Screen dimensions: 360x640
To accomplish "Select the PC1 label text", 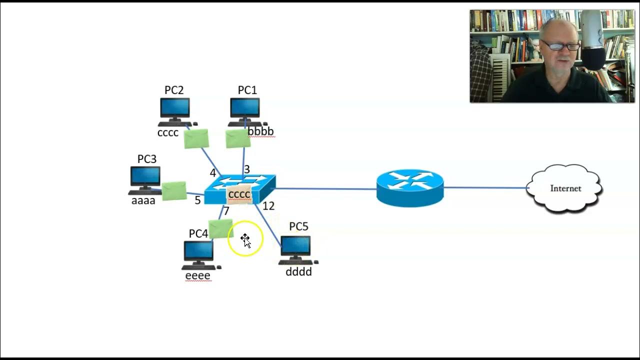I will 247,90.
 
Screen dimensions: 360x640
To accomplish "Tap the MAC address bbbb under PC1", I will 261,131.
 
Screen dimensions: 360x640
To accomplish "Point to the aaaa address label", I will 143,200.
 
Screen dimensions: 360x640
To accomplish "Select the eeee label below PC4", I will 197,275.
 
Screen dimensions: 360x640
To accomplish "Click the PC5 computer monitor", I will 295,246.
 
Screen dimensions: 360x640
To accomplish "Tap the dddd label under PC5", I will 298,271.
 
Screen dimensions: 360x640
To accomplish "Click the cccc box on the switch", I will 239,194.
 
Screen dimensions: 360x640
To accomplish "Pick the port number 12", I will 268,206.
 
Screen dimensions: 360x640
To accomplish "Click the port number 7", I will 226,211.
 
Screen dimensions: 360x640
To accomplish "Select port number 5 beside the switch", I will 197,200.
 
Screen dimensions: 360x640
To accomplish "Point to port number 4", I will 213,173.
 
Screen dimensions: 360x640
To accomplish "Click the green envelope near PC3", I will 174,191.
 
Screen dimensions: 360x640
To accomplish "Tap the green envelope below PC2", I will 196,138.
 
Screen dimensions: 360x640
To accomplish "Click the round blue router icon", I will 410,187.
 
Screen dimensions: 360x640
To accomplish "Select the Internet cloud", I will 564,188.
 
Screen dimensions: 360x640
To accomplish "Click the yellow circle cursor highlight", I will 245,239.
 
